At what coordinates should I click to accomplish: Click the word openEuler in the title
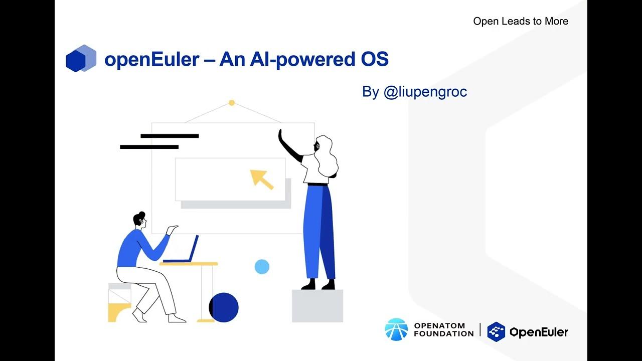coord(152,60)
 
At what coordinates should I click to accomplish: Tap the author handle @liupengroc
coord(425,92)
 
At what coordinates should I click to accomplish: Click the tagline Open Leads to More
coord(521,21)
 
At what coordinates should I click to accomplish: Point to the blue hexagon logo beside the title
coord(80,59)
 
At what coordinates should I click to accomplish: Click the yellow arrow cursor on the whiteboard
coord(262,179)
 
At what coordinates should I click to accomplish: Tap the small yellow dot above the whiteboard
coord(232,103)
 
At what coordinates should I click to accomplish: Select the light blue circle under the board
coord(262,267)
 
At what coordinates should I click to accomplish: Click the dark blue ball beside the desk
coord(224,307)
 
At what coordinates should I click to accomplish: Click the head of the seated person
coord(140,220)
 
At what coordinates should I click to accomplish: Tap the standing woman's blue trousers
coord(319,231)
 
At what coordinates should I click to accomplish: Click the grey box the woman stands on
coord(317,305)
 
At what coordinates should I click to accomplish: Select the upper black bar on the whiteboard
coord(170,136)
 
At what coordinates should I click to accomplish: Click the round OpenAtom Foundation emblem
coord(396,329)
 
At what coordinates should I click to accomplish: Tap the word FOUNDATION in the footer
coord(443,333)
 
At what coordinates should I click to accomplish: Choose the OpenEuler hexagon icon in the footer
coord(496,331)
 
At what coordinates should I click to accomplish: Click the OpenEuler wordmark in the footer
coord(539,332)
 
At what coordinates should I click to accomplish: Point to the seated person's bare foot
coord(177,319)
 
